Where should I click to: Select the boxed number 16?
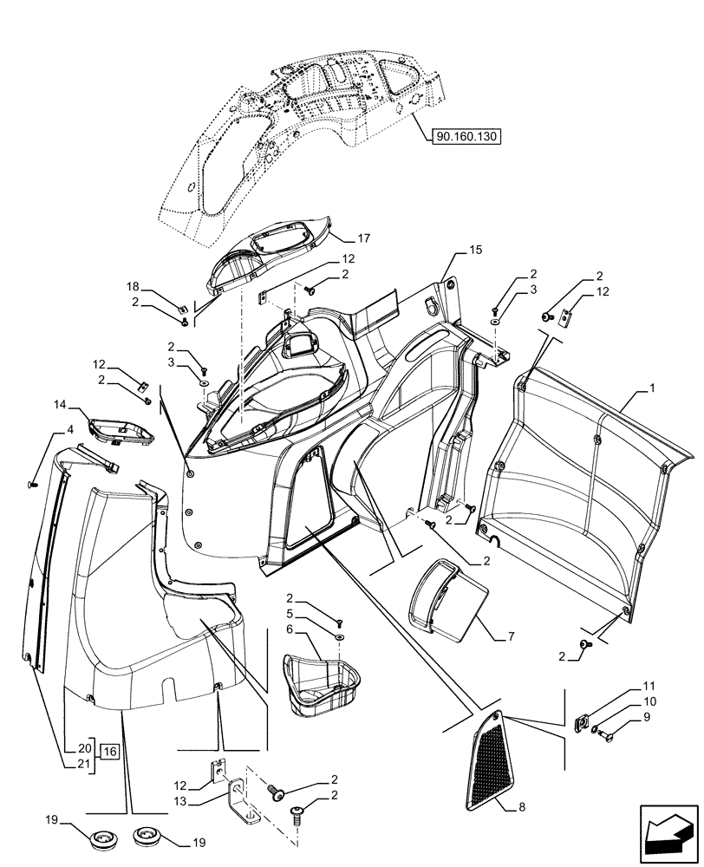(109, 752)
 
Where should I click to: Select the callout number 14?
(61, 404)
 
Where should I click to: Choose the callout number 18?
(133, 285)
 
